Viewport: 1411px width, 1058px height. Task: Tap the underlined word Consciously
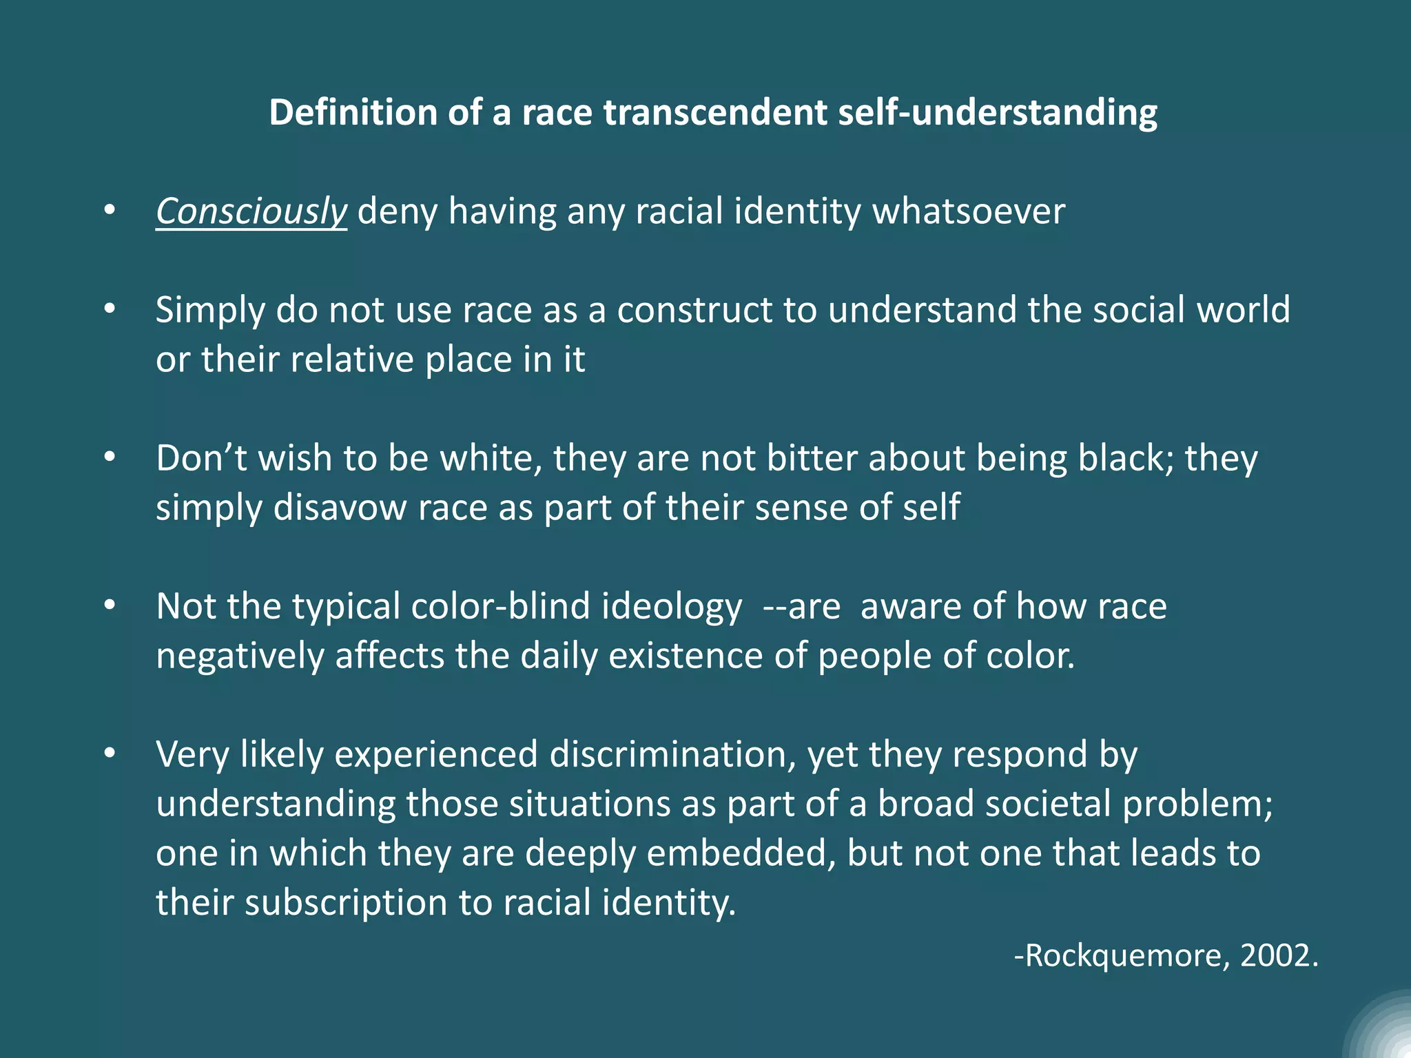coord(251,211)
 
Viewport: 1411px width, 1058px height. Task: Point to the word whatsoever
coord(969,211)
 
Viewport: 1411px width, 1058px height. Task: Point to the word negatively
coord(240,656)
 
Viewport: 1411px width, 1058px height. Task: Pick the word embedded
coord(741,853)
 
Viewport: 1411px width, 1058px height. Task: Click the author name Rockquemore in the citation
coord(1123,956)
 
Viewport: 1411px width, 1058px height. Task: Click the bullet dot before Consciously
coord(110,210)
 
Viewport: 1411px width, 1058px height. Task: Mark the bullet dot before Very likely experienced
coord(110,754)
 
